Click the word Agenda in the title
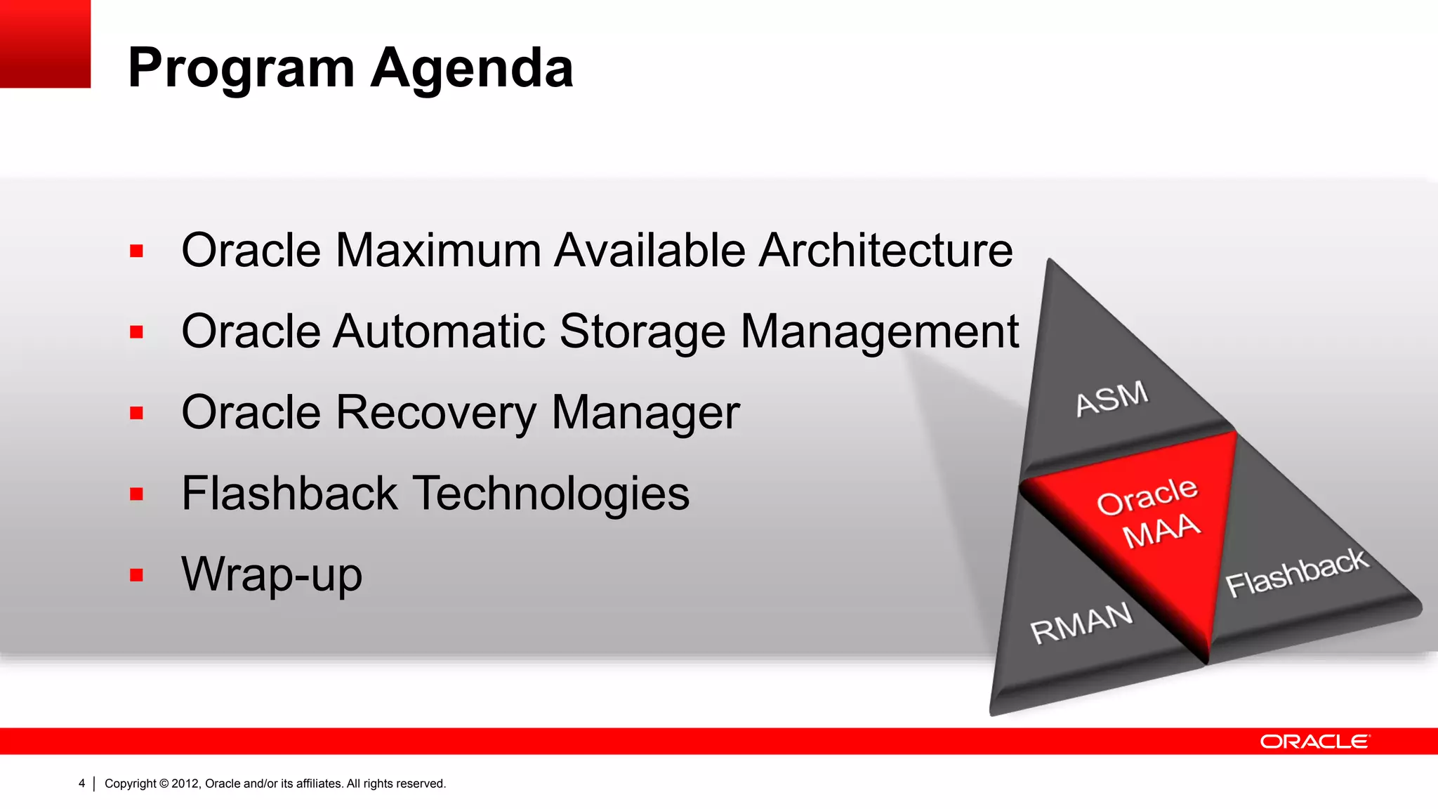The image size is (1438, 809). pos(472,69)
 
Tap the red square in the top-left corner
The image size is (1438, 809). pos(45,44)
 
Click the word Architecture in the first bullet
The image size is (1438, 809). pos(885,251)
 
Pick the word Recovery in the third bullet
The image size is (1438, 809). pos(436,412)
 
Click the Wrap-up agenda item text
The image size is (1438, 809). pos(272,574)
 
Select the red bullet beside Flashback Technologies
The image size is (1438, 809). pos(136,494)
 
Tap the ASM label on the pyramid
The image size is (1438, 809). pos(1112,398)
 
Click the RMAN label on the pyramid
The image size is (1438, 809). pos(1081,622)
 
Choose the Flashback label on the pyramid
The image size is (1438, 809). pos(1296,572)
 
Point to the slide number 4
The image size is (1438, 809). pos(81,783)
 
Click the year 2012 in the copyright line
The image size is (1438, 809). pos(185,784)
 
